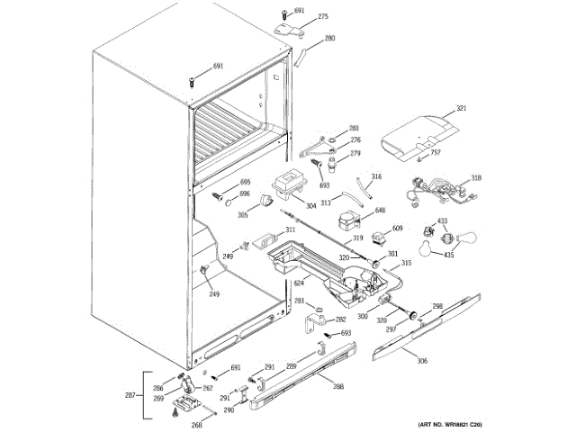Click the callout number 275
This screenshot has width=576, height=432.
pos(324,16)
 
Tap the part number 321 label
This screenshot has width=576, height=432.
pos(462,109)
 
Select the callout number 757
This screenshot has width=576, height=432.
pos(436,152)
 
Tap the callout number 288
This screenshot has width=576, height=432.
pos(338,387)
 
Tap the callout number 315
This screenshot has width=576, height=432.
pos(406,263)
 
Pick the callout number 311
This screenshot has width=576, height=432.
pos(290,229)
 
